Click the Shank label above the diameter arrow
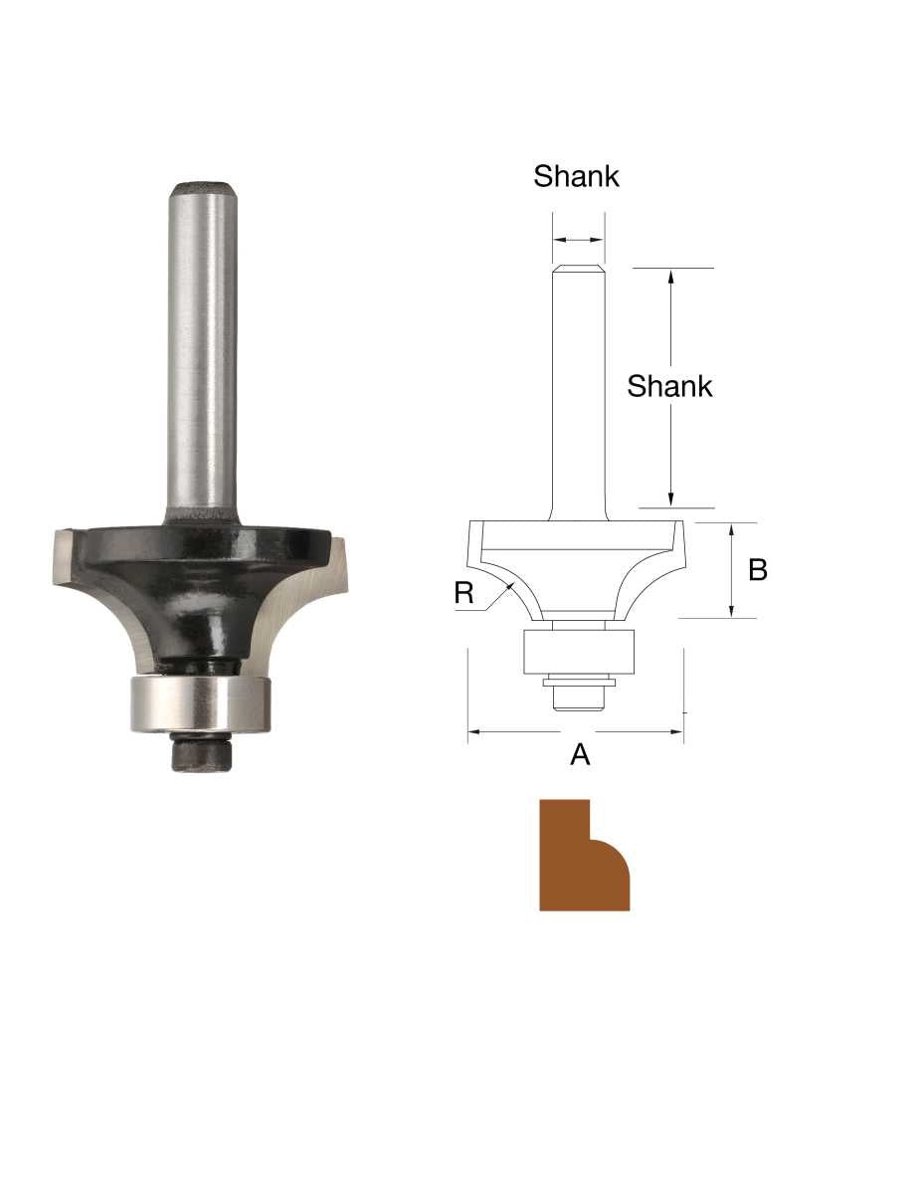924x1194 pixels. [576, 176]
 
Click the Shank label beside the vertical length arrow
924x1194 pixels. [669, 386]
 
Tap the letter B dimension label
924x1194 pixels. [757, 571]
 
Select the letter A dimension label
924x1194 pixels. [580, 756]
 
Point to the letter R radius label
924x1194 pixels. [463, 593]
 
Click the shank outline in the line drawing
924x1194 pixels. [579, 388]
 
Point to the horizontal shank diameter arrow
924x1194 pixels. [578, 240]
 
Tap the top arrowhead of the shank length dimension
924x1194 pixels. [671, 278]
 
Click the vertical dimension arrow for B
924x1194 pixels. [732, 571]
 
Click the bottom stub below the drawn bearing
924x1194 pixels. [578, 696]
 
